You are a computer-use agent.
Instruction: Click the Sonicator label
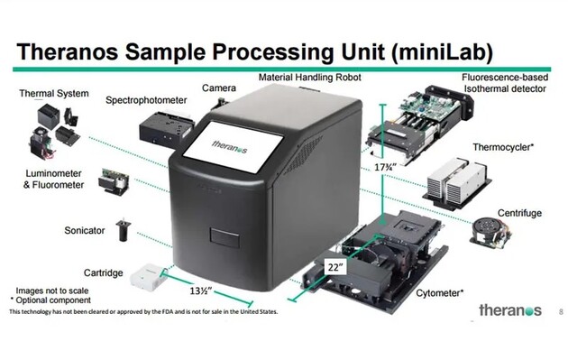85,231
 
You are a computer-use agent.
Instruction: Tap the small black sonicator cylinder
124,230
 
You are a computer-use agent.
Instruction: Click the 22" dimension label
335,268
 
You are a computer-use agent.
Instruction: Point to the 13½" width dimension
201,291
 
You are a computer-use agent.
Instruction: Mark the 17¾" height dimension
386,167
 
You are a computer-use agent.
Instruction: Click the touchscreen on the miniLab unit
233,146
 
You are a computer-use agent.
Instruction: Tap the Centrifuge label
519,213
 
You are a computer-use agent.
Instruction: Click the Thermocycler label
503,147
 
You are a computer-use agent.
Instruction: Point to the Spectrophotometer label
146,100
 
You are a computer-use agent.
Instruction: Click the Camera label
219,88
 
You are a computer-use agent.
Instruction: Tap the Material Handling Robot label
310,78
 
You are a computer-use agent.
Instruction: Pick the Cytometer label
439,293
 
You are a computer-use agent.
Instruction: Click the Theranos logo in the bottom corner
510,310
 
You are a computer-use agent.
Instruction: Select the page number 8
561,311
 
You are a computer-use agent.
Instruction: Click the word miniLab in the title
442,51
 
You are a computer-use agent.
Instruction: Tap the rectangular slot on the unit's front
224,238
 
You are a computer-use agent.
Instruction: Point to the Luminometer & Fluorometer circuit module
114,180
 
